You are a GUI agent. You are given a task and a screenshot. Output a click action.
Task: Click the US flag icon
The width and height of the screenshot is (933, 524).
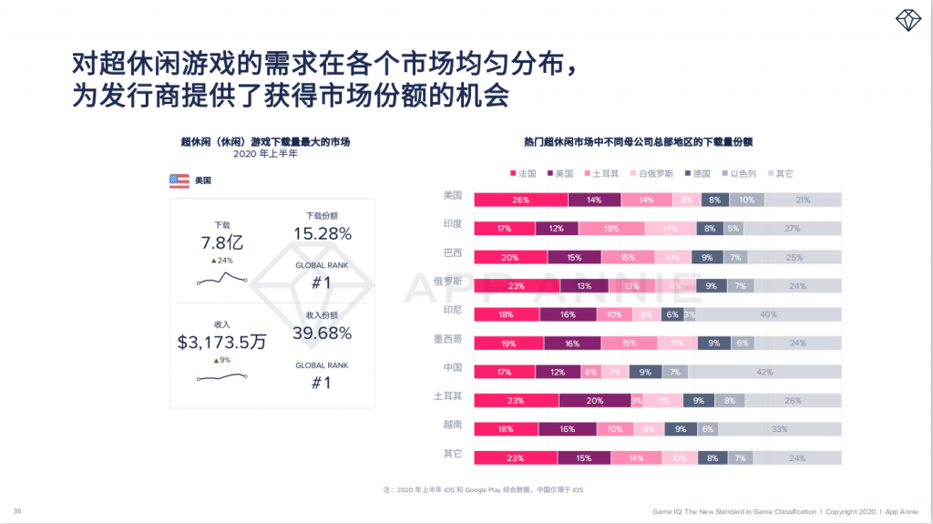click(179, 181)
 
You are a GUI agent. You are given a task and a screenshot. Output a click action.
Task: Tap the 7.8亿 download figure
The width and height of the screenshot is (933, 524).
click(222, 242)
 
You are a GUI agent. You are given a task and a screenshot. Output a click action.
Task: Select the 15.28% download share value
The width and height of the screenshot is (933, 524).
click(322, 234)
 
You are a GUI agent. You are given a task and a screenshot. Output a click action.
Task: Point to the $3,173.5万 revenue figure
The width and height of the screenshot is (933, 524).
click(222, 343)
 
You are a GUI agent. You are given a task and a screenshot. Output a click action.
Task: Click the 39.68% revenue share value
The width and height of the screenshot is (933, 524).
click(322, 334)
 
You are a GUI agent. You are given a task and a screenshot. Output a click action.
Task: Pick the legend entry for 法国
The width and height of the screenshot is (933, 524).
click(523, 173)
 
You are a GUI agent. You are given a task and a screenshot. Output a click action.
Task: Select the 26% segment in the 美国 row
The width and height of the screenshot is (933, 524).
click(520, 200)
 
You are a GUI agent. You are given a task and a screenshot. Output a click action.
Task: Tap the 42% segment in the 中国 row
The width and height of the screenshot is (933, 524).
click(764, 373)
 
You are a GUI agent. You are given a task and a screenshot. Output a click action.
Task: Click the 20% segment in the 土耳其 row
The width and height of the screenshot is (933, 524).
click(593, 401)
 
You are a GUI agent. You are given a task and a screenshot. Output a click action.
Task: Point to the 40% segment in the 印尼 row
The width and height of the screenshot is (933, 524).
click(768, 314)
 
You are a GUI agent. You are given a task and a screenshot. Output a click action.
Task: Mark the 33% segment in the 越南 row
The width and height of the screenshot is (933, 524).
click(780, 429)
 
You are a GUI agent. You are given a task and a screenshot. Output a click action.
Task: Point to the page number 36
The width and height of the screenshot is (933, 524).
click(17, 510)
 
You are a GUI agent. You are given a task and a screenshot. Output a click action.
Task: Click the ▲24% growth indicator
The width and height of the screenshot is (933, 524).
click(221, 261)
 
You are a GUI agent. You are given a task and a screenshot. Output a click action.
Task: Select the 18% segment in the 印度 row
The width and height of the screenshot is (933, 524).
click(611, 229)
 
